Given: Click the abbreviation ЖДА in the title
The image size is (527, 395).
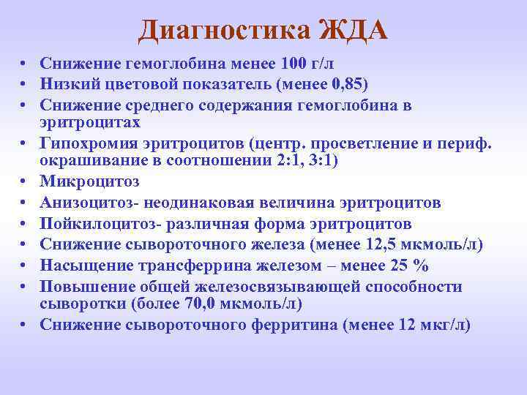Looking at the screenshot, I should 354,31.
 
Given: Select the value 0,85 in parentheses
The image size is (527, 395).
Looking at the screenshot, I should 345,81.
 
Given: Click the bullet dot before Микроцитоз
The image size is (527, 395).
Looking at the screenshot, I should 26,180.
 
